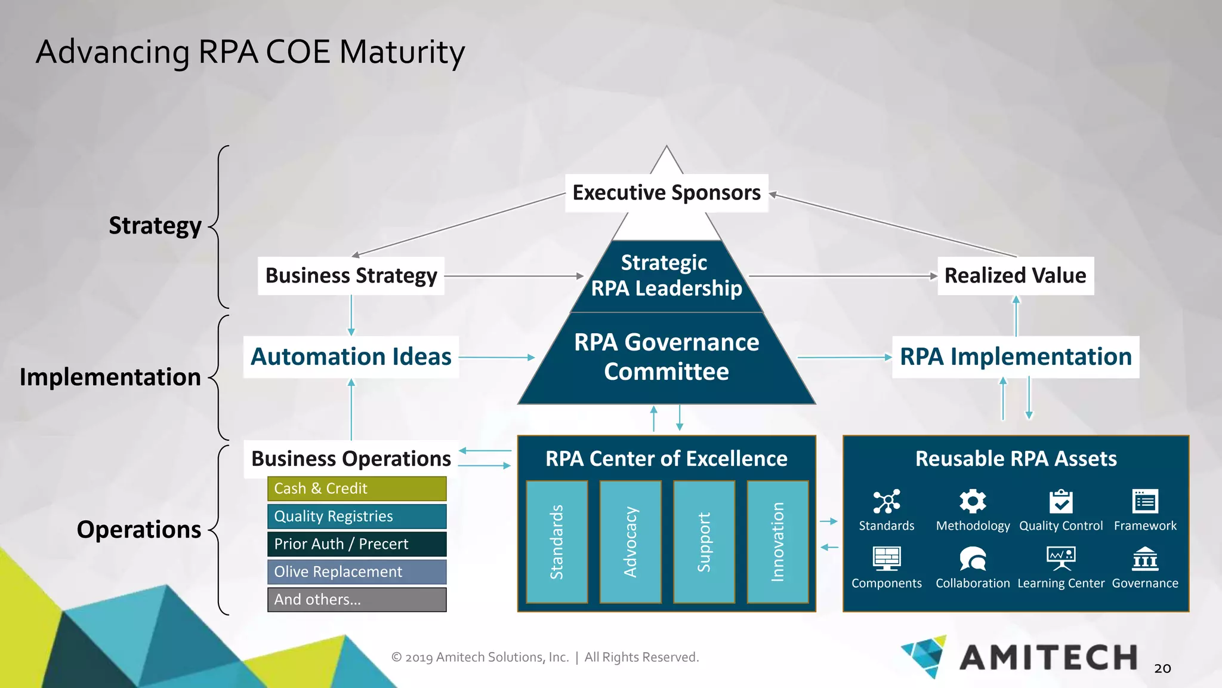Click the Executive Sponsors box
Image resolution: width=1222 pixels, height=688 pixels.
[666, 193]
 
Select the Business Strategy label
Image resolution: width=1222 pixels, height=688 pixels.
[351, 276]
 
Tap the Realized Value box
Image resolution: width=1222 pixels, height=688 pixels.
[1015, 276]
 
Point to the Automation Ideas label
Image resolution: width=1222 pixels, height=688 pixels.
[351, 357]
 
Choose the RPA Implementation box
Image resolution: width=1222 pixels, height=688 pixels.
[1015, 357]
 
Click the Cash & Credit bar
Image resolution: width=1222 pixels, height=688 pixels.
[356, 489]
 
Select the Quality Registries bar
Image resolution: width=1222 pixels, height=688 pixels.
[356, 517]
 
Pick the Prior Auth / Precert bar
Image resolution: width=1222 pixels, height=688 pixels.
[356, 544]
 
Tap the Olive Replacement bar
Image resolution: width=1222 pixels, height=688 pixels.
[356, 572]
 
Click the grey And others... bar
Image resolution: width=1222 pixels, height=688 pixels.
[356, 600]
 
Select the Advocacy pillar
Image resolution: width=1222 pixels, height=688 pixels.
[630, 542]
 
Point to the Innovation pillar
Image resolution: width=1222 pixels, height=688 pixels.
[777, 542]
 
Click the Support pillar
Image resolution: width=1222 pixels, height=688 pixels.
[704, 542]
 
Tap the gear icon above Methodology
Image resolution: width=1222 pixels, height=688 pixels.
[973, 501]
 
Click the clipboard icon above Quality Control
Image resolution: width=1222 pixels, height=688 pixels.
[1061, 502]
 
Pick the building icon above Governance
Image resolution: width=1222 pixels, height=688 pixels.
[1145, 559]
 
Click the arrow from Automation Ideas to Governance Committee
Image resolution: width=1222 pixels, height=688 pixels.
[496, 357]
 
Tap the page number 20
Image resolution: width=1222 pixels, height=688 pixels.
[1162, 668]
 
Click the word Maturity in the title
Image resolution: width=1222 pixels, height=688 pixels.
[402, 53]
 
